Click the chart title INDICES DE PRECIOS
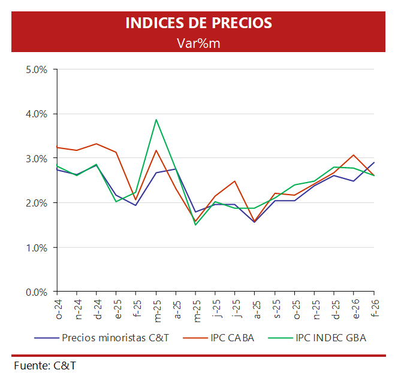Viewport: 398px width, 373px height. (x=198, y=23)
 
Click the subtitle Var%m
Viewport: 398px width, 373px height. (x=198, y=43)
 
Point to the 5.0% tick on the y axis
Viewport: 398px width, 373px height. (x=37, y=69)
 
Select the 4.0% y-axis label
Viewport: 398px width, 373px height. (x=37, y=114)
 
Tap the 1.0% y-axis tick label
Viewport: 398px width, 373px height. (x=37, y=247)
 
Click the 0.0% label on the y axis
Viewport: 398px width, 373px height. (x=37, y=292)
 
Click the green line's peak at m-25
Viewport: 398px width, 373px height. (x=156, y=119)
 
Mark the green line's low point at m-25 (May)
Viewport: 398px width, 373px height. (x=195, y=225)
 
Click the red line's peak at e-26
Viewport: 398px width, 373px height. (x=354, y=155)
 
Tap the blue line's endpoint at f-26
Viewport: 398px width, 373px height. (x=375, y=162)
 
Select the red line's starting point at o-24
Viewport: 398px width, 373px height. (x=58, y=147)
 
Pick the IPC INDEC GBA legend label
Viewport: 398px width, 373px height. (x=330, y=338)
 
